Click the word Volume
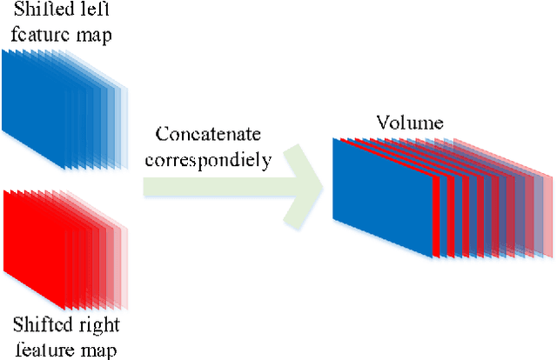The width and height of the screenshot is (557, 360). pyautogui.click(x=411, y=123)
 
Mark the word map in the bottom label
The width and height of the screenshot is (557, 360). pyautogui.click(x=95, y=350)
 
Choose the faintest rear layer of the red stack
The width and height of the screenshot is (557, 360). pyautogui.click(x=125, y=270)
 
